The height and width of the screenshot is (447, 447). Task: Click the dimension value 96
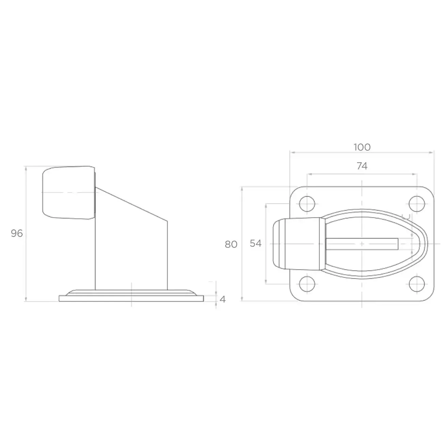[17, 233]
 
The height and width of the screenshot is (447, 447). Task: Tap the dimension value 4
[222, 299]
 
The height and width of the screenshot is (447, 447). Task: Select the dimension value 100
[362, 147]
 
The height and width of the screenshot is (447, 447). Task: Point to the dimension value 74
[362, 166]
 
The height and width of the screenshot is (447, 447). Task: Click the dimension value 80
[231, 244]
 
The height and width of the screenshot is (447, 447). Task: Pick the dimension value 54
[256, 243]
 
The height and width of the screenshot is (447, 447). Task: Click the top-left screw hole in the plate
[307, 204]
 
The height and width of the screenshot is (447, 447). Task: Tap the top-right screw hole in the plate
[417, 204]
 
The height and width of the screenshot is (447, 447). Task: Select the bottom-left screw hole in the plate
[307, 284]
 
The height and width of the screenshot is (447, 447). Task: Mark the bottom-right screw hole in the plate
[417, 284]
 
